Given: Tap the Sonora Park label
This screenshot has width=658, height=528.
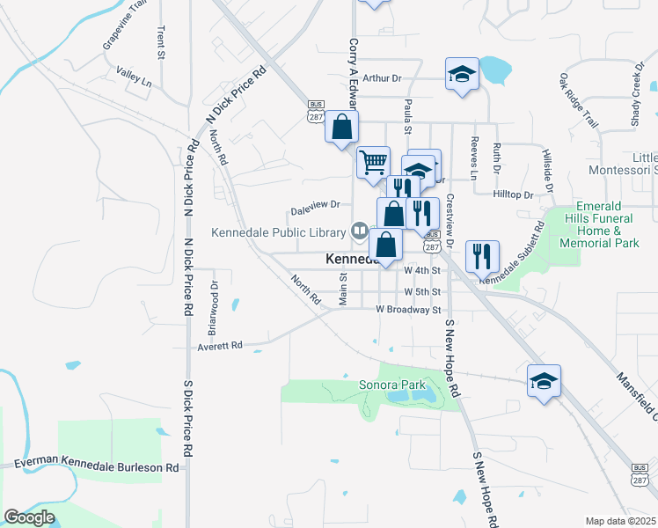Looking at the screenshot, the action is [392, 385].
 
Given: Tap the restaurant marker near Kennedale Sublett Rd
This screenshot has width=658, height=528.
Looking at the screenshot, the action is [482, 256].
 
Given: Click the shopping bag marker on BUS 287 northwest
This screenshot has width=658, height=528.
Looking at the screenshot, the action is [341, 127].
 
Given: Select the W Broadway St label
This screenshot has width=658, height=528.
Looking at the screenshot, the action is [407, 310].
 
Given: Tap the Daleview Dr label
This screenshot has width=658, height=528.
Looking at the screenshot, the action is [315, 211].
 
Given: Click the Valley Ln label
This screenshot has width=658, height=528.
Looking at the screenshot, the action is [134, 81].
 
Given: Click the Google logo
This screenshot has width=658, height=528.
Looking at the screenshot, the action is [29, 517].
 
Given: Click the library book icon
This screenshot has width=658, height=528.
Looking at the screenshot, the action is [359, 232].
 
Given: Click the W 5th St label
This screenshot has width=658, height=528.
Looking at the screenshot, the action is [421, 291].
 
